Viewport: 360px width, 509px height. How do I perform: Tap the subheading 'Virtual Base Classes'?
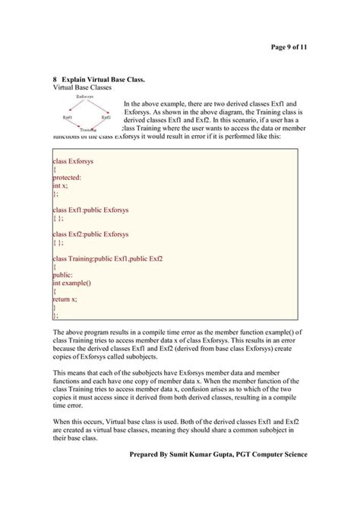[81, 88]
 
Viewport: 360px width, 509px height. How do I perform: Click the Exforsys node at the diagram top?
[86, 97]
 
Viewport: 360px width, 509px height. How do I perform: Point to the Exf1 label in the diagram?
[68, 118]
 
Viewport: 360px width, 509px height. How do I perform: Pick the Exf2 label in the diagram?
[105, 118]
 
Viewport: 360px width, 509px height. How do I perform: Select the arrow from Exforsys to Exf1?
[75, 108]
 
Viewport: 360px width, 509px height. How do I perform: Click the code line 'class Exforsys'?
[74, 161]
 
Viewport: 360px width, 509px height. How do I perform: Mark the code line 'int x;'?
[60, 185]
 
